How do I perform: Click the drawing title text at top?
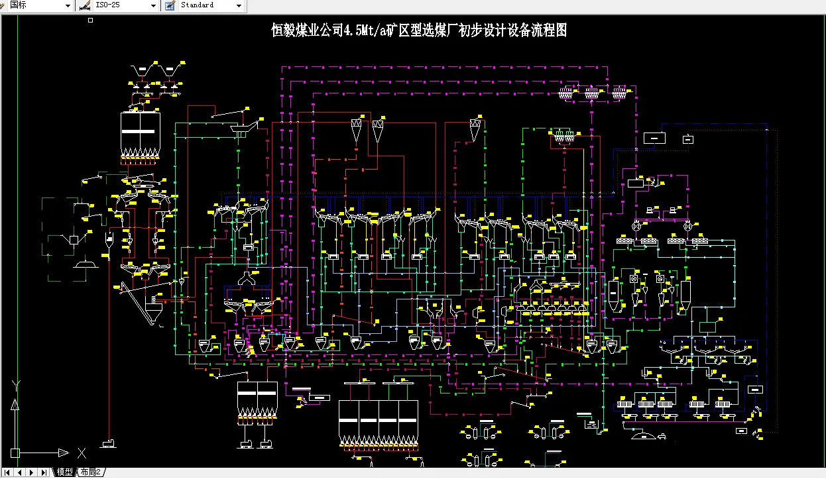419,30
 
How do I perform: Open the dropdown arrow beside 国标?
68,5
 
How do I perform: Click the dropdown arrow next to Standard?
239,5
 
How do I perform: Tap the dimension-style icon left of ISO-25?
84,5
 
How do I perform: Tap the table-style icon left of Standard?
170,5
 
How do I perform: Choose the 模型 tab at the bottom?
64,472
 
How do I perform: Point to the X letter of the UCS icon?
82,453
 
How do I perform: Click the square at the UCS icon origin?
15,453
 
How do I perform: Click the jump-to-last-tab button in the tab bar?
43,472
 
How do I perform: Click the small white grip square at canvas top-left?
91,21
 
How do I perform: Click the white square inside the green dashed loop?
74,239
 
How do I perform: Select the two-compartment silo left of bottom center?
257,399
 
